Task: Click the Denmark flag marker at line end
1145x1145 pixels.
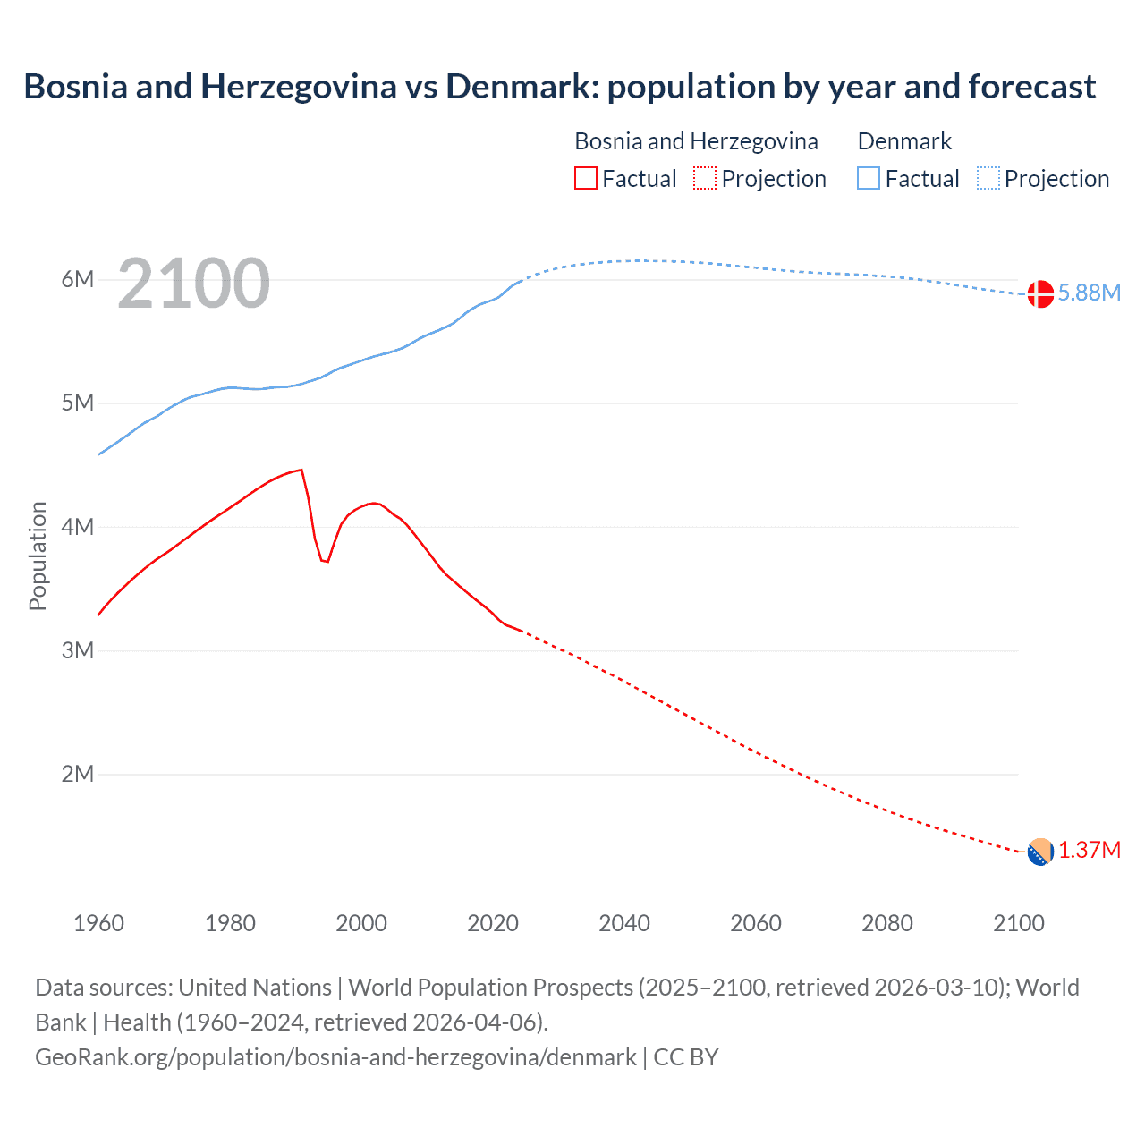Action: (x=1040, y=293)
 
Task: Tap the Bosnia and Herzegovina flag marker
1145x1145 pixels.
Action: (x=1040, y=852)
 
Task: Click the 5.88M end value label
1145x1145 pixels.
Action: (x=1089, y=293)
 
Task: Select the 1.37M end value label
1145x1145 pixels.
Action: (x=1089, y=850)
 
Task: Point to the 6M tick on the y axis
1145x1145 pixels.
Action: (x=78, y=279)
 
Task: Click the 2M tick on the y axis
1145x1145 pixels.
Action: (x=78, y=774)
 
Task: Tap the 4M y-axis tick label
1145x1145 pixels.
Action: (x=78, y=527)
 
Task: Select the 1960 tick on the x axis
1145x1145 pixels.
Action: (x=98, y=923)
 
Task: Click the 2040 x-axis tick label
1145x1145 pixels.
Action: (x=624, y=923)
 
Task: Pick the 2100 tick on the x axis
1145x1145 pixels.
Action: (x=1018, y=923)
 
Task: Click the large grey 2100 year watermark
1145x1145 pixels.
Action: (x=193, y=284)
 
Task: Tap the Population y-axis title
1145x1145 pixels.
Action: (x=38, y=556)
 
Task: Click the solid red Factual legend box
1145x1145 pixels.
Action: (x=586, y=179)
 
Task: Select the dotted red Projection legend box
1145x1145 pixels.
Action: (x=705, y=179)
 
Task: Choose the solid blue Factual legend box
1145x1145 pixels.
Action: (x=869, y=179)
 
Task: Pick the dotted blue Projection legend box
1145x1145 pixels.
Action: (x=988, y=179)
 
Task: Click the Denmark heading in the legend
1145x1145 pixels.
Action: (x=904, y=141)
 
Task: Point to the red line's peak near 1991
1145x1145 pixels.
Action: (x=301, y=470)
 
